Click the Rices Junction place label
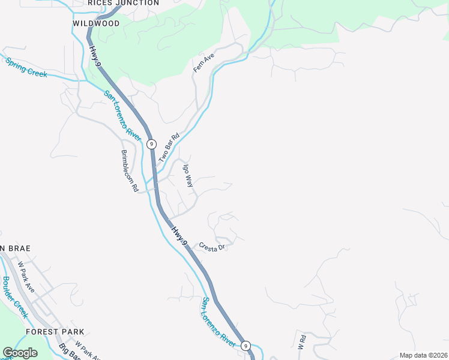click(123, 3)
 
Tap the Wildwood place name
click(96, 23)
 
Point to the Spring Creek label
click(26, 67)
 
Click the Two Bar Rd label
click(169, 148)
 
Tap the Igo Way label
click(188, 176)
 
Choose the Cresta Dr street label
click(212, 247)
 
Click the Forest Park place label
click(55, 332)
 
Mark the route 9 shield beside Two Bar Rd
click(152, 144)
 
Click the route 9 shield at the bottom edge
click(245, 346)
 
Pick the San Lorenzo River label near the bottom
click(218, 322)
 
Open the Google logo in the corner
click(20, 353)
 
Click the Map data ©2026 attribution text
click(423, 355)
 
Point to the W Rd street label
click(302, 340)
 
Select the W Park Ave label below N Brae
click(26, 277)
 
